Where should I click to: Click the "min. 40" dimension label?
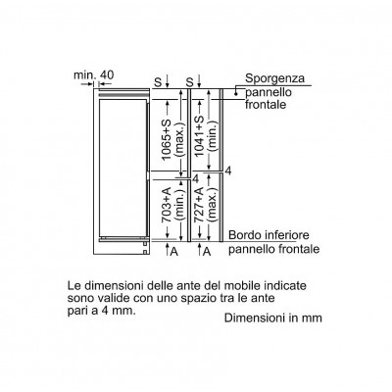pyautogui.click(x=94, y=75)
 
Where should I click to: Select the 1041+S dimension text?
pyautogui.click(x=199, y=135)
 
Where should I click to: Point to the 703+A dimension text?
pyautogui.click(x=167, y=205)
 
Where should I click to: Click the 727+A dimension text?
pyautogui.click(x=199, y=205)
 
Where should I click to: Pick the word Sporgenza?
pyautogui.click(x=274, y=78)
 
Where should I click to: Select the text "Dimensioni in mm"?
pyautogui.click(x=273, y=318)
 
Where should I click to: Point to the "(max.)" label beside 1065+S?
pyautogui.click(x=180, y=137)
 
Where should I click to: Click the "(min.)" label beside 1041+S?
pyautogui.click(x=212, y=135)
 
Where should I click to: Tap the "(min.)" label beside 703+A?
pyautogui.click(x=180, y=205)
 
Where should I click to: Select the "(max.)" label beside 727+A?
pyautogui.click(x=212, y=205)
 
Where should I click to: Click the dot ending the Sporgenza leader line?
pyautogui.click(x=236, y=94)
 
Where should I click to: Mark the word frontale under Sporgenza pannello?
pyautogui.click(x=266, y=105)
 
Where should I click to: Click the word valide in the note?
pyautogui.click(x=108, y=298)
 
